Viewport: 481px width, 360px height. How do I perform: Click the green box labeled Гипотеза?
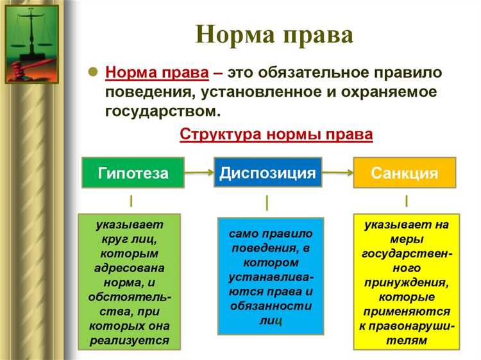(133, 173)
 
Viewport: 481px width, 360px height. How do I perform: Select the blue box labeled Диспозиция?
(267, 173)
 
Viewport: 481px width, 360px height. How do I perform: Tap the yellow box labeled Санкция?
(404, 173)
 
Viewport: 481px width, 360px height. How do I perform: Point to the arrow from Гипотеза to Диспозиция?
(199, 173)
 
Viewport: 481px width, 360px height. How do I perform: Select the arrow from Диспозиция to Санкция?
(336, 173)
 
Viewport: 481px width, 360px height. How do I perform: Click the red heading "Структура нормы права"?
(276, 135)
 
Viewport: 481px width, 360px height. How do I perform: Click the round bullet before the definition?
(92, 72)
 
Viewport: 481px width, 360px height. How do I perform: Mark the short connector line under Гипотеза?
(131, 201)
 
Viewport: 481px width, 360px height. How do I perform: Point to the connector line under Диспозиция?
(267, 203)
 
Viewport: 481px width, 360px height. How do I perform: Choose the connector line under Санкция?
(406, 201)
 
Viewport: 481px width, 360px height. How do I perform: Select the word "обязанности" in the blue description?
(271, 305)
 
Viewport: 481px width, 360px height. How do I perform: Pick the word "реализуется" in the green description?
(130, 340)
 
